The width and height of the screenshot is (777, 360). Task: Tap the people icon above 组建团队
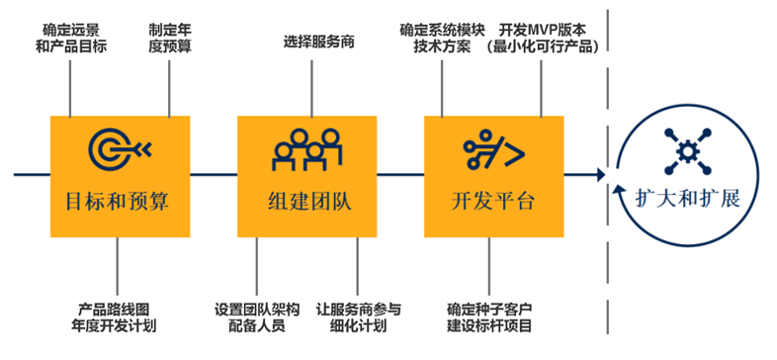coord(307,149)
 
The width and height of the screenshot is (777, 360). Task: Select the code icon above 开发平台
coord(493,147)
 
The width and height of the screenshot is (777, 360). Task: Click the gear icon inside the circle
coord(687,150)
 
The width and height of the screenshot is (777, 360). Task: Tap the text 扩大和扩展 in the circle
coord(688,199)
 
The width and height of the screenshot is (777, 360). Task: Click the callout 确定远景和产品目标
coord(71,38)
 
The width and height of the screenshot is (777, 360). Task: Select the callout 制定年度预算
coord(169,38)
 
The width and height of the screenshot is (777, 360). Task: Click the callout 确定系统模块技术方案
coord(442,38)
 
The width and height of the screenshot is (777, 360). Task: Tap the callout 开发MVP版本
coord(542,30)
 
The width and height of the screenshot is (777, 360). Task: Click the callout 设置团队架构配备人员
coord(257,318)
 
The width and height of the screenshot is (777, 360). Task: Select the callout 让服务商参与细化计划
coord(358,318)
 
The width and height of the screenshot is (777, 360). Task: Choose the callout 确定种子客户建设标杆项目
coord(489,318)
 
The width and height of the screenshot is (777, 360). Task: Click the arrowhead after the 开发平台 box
coord(601,174)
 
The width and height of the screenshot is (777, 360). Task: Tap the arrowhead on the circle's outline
coord(617,190)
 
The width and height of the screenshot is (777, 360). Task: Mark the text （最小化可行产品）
coord(542,47)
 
